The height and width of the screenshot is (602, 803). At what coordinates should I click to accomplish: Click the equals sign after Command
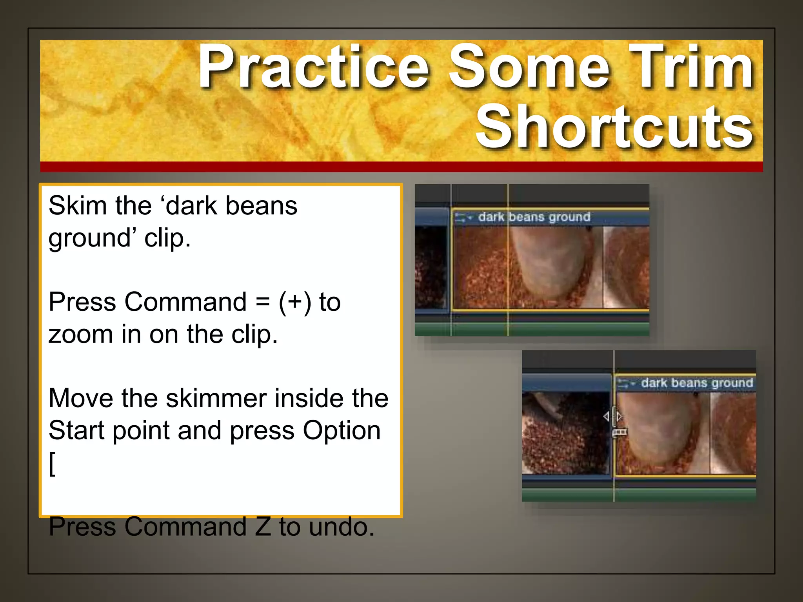click(x=262, y=302)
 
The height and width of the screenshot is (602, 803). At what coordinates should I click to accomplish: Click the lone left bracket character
click(x=53, y=464)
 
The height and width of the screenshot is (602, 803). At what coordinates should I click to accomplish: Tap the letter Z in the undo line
click(x=263, y=527)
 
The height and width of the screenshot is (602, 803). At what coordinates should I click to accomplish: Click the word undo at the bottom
click(x=341, y=527)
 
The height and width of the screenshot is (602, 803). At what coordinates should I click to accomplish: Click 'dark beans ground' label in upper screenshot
click(x=534, y=217)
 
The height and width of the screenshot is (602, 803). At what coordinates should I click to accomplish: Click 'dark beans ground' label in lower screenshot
click(x=697, y=383)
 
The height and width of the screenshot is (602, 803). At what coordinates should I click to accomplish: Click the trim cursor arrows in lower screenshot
click(x=613, y=416)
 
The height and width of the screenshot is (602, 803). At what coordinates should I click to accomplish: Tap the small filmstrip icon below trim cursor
click(x=620, y=432)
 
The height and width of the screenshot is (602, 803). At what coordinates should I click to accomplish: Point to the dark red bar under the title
click(x=401, y=167)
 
